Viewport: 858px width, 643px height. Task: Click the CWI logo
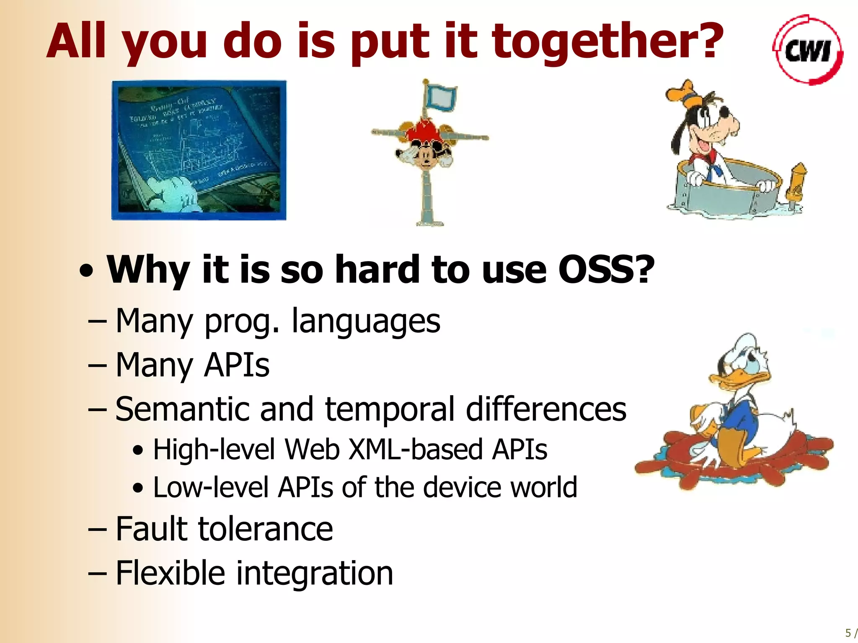(x=808, y=50)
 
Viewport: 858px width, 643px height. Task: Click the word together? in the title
(x=607, y=42)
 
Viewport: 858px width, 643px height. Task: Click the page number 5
(x=848, y=633)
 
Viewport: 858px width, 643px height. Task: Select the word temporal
(x=390, y=409)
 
